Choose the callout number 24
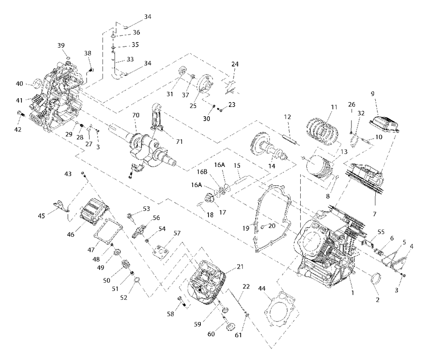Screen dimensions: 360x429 pyautogui.click(x=235, y=64)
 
